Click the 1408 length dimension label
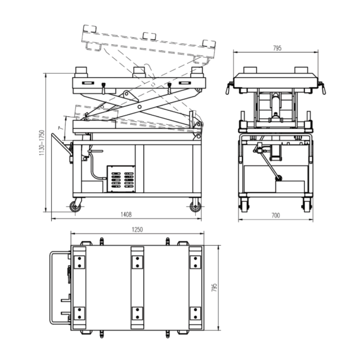[126, 215]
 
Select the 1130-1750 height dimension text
[41, 143]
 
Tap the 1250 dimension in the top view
[137, 229]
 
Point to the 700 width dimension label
[275, 215]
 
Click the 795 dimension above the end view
[277, 48]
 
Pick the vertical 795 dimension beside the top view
[214, 287]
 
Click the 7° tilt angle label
[60, 128]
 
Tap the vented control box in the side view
[121, 179]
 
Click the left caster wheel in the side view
[76, 207]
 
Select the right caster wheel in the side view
[195, 207]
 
